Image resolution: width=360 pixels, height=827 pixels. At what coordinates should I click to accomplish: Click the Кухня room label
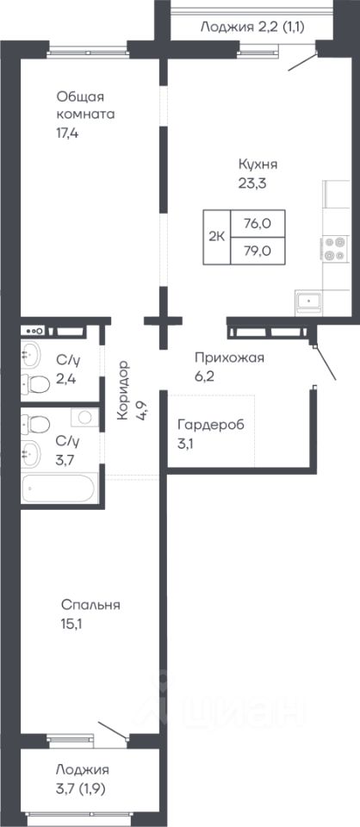pos(258,165)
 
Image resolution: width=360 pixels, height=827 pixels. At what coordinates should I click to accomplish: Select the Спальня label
pos(90,605)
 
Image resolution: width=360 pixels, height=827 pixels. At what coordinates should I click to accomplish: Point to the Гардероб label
pos(211,425)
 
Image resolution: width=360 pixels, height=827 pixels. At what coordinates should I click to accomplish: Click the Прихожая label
pos(229,358)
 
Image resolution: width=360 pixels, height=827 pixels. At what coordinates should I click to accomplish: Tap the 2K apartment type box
pos(217,237)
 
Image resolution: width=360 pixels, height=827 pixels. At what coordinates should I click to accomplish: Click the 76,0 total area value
pos(258,224)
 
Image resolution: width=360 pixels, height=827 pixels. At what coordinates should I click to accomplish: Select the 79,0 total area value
pos(258,251)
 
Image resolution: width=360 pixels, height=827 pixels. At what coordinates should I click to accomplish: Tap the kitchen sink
pos(309,302)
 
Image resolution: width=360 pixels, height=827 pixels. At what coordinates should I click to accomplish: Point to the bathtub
pos(58,488)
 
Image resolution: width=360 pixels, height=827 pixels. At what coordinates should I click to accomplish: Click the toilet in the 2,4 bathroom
pos(35,384)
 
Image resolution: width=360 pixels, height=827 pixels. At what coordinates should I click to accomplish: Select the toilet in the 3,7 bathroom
pos(35,424)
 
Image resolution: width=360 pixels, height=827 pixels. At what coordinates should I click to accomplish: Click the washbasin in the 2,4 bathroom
pos(30,355)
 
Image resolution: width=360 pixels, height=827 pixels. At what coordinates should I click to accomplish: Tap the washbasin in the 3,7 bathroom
pos(30,452)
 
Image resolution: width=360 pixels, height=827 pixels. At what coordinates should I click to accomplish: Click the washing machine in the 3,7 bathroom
pos(84,417)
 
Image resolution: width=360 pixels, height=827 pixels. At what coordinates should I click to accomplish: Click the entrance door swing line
pos(325,363)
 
